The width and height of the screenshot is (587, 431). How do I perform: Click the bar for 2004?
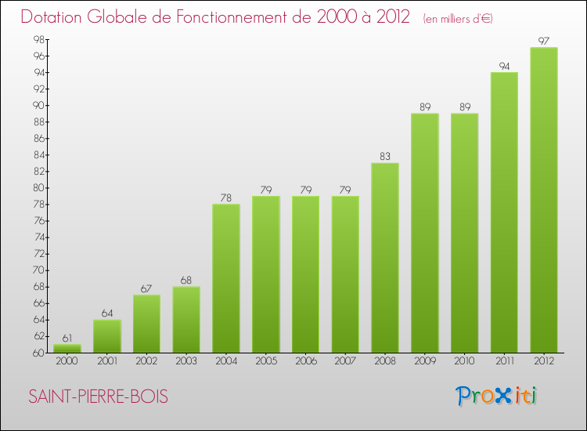226,278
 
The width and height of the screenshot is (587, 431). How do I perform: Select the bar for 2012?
544,200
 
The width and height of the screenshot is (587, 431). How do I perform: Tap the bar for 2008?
385,258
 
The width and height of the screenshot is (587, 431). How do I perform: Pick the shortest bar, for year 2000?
67,349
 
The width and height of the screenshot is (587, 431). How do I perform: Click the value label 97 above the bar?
544,41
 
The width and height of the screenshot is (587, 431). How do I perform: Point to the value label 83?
385,156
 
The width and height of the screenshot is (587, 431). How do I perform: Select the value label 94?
504,66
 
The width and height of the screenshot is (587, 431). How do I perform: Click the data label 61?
67,338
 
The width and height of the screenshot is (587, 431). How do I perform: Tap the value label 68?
186,280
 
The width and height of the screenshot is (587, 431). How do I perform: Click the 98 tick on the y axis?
37,40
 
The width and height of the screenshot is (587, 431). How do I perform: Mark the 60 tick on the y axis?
37,353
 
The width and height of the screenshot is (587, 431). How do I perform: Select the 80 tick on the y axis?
37,188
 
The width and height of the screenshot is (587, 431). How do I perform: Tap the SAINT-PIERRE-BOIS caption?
98,397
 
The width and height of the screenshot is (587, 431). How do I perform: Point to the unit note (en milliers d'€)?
458,18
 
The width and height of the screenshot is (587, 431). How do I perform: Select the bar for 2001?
107,336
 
